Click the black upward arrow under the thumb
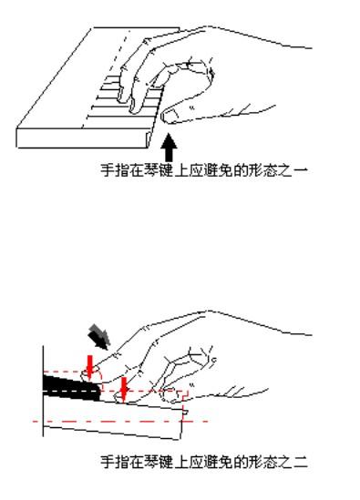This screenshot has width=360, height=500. [x=169, y=148]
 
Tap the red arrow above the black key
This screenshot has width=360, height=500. [x=89, y=367]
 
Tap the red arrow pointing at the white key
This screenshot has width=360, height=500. [x=124, y=389]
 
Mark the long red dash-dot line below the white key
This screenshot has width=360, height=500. [x=120, y=422]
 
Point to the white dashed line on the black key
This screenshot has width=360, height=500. [x=71, y=391]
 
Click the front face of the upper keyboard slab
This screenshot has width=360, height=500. [x=83, y=138]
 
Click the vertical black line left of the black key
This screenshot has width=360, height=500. [x=43, y=391]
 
